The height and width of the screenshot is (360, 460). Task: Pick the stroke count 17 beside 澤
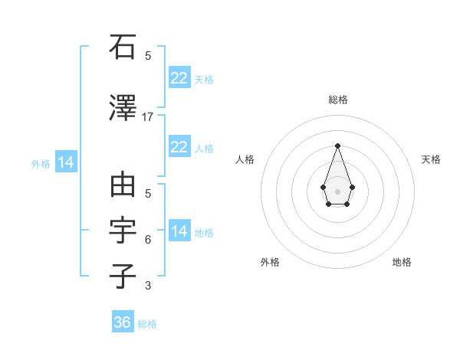[x=148, y=116]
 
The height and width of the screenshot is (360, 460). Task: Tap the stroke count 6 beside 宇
[x=148, y=240]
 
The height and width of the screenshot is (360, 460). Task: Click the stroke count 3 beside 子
[x=148, y=286]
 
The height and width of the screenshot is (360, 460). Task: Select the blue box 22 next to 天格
[x=179, y=78]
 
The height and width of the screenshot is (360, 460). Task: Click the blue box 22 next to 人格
[x=179, y=147]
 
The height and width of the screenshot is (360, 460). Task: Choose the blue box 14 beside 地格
[x=179, y=231]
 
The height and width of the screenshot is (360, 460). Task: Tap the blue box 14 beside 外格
[x=65, y=162]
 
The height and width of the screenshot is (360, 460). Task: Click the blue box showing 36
[x=122, y=322]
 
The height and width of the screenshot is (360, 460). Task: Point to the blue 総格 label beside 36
[x=147, y=324]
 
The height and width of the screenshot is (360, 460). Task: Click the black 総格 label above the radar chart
[x=337, y=100]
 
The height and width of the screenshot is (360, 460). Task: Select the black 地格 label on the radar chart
[x=402, y=262]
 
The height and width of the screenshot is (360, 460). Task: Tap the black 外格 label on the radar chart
[x=270, y=262]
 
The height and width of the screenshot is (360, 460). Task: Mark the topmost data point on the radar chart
[x=337, y=146]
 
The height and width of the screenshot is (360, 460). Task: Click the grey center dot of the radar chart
[x=337, y=191]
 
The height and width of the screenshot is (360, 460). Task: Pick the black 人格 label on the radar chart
[x=245, y=159]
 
